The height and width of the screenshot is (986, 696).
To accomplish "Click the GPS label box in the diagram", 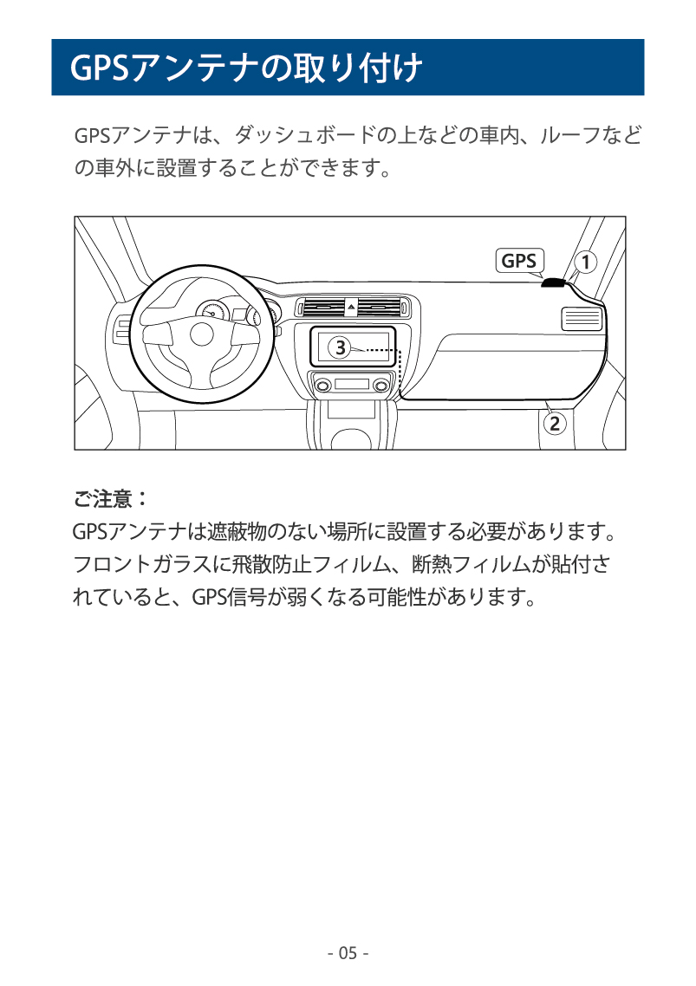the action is pos(519,260).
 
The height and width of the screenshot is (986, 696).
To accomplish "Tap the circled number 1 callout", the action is pos(585,262).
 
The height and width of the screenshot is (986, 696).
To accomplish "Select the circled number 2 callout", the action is pos(554,424).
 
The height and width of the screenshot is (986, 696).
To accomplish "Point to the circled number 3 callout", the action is pos(340,347).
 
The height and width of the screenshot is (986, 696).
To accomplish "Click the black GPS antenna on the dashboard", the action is pos(553,283).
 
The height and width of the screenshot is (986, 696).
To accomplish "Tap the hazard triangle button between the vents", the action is pos(351,308).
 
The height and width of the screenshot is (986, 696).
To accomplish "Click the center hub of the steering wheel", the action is pos(201,334).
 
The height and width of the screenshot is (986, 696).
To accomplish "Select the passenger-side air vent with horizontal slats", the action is pos(581,319).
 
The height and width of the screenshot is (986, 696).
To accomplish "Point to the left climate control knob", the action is pos(322,385).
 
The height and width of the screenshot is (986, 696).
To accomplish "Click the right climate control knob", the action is pos(381,385).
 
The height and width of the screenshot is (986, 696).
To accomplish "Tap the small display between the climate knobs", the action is pos(352,384).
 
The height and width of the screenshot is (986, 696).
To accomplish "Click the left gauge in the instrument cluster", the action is pos(211,313).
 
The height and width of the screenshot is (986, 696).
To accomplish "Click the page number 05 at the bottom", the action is pos(348,953).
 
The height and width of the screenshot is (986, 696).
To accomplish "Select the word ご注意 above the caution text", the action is pos(103,499).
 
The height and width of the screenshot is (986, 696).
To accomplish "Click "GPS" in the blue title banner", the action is pos(100,68).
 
